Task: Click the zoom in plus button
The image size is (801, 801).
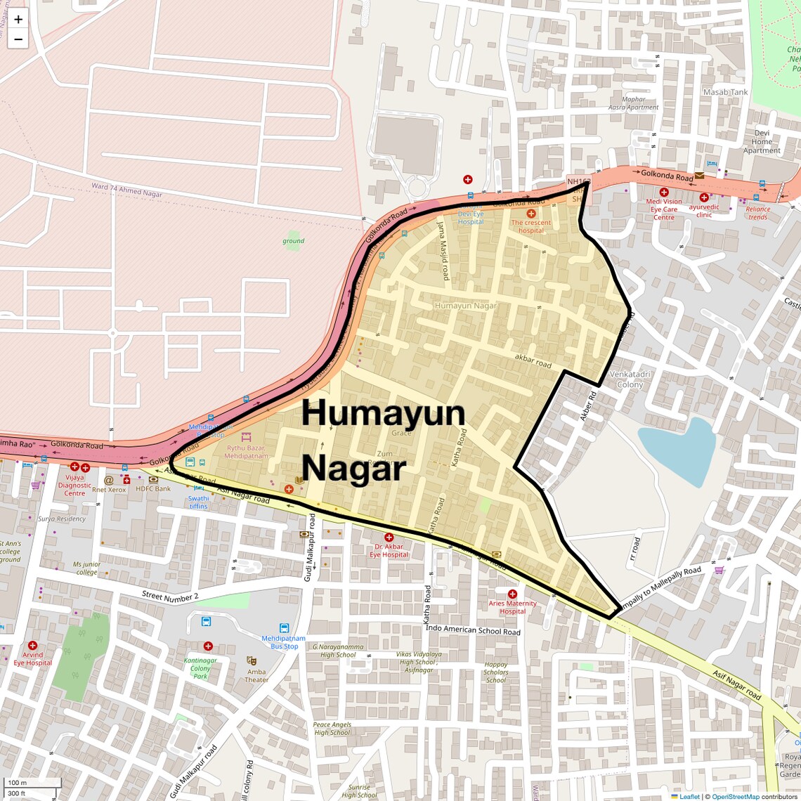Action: [18, 20]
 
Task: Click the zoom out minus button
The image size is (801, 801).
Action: [18, 39]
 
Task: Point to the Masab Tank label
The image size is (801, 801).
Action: [726, 92]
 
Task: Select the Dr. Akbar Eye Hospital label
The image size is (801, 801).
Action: [389, 550]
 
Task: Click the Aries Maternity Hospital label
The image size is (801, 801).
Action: [512, 607]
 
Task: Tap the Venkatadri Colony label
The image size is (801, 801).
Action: [630, 379]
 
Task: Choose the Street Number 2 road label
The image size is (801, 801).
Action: [170, 596]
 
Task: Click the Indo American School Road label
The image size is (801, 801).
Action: [473, 630]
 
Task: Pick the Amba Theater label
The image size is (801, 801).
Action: [256, 675]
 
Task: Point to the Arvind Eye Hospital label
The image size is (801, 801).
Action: [32, 658]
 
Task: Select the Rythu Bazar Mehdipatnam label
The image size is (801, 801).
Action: [246, 452]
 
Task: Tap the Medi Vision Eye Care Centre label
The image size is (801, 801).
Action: [663, 209]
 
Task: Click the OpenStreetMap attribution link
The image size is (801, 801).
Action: [735, 796]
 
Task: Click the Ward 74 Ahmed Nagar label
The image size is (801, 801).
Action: [126, 190]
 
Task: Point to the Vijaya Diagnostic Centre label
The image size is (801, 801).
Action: [74, 485]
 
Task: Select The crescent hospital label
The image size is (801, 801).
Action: [531, 226]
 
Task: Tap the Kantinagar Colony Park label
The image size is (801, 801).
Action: [200, 668]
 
